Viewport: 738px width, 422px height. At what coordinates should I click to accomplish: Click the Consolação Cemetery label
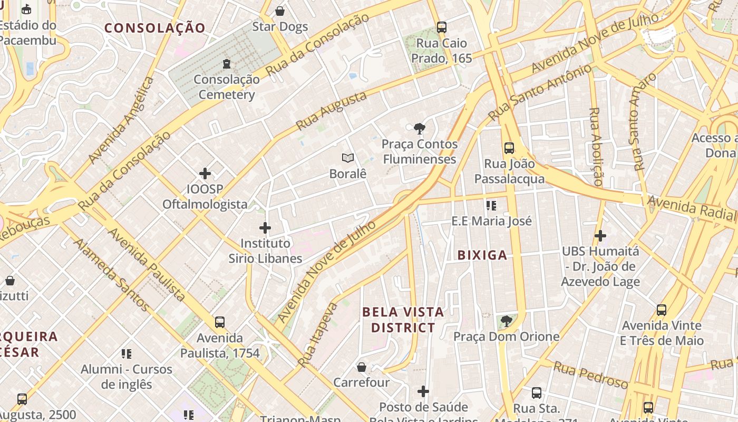point(227,87)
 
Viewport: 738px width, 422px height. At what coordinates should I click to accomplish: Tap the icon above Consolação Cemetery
point(227,64)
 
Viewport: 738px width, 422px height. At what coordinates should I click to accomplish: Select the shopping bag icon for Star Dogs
point(280,11)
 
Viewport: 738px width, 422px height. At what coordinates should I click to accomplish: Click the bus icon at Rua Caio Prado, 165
point(442,27)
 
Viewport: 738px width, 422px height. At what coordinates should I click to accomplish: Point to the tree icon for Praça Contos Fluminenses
point(420,128)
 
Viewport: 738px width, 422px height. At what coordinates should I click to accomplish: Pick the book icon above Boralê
point(348,158)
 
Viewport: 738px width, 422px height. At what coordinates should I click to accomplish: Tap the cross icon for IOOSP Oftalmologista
point(205,173)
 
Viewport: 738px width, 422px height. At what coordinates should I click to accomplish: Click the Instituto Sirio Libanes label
point(265,251)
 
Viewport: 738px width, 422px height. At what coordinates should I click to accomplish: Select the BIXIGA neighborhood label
point(482,255)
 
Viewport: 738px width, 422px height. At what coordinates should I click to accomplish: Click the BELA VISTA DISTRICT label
point(403,320)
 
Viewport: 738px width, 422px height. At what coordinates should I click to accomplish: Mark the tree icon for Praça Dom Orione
point(507,321)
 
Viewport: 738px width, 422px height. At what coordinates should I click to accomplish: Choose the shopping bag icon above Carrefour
point(362,367)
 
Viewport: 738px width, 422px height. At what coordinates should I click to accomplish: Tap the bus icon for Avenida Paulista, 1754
point(220,322)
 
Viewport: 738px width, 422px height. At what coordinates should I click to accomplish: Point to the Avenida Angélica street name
point(122,120)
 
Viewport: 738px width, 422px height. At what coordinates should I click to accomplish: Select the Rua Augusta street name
point(331,111)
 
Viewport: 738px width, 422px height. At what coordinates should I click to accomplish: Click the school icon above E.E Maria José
point(491,205)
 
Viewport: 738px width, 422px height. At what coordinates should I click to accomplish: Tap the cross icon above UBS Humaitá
point(600,235)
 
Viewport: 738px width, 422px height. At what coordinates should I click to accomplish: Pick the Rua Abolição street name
point(596,146)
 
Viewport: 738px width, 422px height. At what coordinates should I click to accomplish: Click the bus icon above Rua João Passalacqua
point(509,148)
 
